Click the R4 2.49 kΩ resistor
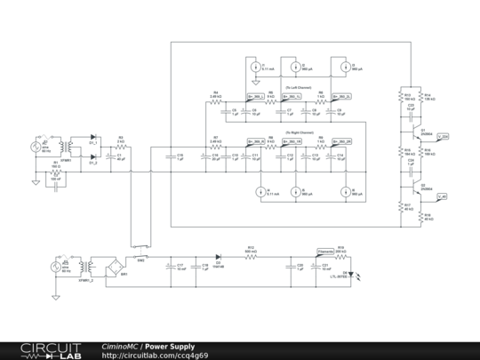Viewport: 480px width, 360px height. coord(215,102)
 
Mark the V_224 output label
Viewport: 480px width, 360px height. coord(443,136)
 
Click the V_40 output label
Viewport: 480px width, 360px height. coord(443,196)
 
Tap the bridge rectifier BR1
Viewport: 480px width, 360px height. coord(113,265)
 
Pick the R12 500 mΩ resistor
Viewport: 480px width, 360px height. coord(250,253)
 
